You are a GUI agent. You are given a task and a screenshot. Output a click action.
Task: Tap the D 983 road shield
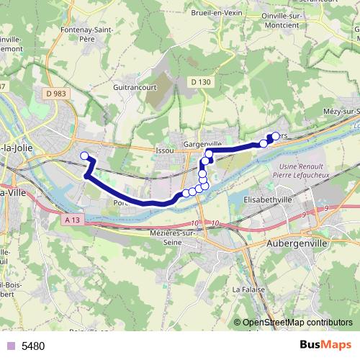[54, 93]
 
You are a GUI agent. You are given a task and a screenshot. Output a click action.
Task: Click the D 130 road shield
[202, 82]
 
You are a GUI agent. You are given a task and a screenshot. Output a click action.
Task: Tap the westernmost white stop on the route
[84, 156]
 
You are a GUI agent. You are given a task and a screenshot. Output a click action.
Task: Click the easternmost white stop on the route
[275, 135]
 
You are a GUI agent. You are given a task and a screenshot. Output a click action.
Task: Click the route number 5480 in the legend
[33, 346]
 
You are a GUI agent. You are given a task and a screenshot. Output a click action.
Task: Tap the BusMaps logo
[325, 346]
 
